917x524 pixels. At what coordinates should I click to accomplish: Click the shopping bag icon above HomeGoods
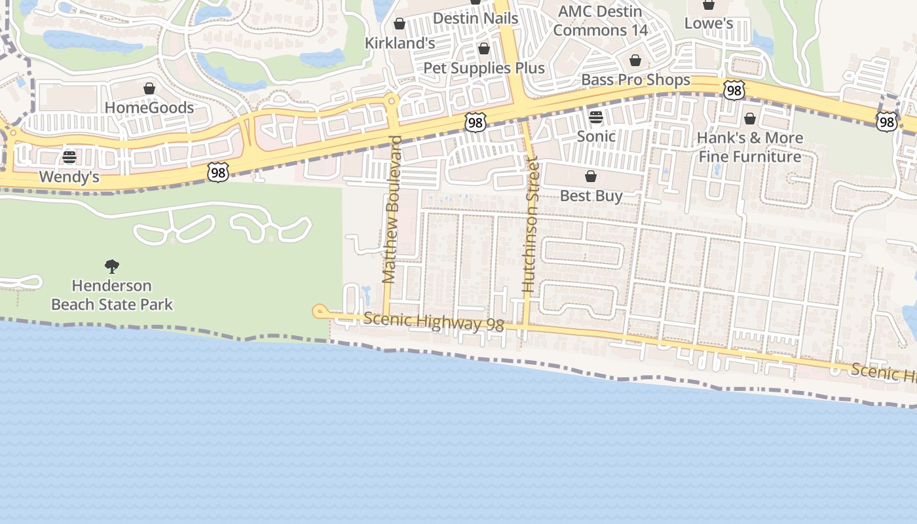(x=149, y=88)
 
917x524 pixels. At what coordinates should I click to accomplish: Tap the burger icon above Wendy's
(x=69, y=157)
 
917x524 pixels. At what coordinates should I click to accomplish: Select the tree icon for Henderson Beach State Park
(x=112, y=266)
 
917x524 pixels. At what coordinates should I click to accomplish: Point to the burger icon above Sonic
(x=595, y=117)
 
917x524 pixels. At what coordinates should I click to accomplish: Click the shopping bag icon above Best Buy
(x=591, y=176)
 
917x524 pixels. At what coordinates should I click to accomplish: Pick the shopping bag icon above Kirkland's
(x=400, y=24)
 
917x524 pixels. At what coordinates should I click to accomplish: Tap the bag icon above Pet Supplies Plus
(x=484, y=48)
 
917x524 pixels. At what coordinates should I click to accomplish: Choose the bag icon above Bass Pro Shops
(x=635, y=61)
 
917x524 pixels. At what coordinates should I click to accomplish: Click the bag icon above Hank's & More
(x=750, y=119)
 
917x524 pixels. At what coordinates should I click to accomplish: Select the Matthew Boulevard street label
(x=392, y=210)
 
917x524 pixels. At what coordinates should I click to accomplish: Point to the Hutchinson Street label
(x=530, y=224)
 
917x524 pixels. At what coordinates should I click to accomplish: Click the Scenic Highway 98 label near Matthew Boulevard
(x=434, y=322)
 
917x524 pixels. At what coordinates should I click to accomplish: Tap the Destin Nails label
(x=476, y=18)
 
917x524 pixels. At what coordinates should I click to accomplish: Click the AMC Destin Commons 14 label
(x=600, y=21)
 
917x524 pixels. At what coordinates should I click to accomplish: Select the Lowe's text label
(x=708, y=24)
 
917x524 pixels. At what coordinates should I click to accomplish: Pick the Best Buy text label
(x=591, y=196)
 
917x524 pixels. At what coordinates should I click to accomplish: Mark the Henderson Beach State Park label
(x=112, y=295)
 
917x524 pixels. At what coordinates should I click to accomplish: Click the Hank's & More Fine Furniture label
(x=750, y=147)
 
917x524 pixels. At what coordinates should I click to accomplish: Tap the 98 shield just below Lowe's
(x=734, y=91)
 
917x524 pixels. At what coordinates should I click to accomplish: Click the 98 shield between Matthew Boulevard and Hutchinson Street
(x=476, y=121)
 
